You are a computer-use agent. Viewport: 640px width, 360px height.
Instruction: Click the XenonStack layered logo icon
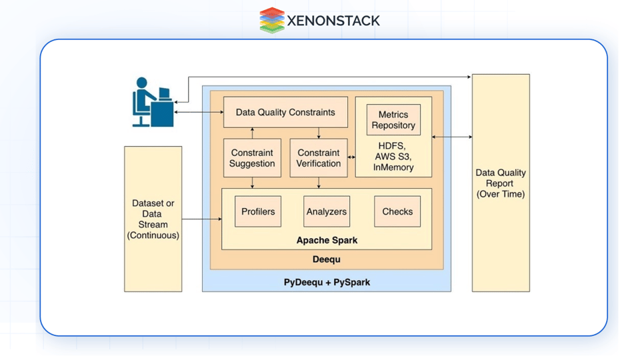(x=272, y=20)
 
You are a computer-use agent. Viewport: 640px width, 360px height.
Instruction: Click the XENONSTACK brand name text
(x=333, y=21)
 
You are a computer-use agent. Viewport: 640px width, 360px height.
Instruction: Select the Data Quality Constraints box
(x=285, y=112)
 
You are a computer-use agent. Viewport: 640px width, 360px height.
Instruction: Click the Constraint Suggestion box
(x=252, y=158)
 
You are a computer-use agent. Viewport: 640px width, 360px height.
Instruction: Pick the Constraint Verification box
(x=319, y=158)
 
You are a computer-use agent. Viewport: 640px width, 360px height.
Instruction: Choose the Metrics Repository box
(x=393, y=119)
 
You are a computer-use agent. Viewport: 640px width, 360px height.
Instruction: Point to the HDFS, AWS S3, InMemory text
(x=393, y=157)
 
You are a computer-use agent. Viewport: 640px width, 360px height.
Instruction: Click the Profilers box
(x=258, y=211)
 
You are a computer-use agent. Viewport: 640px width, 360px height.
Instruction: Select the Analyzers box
(x=327, y=211)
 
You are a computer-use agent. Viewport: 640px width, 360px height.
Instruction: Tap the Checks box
(x=397, y=211)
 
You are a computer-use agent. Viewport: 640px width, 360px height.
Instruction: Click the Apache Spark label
(x=327, y=239)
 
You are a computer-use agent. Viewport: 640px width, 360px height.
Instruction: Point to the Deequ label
(x=327, y=259)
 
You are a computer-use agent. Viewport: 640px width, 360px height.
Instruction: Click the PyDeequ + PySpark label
(x=327, y=282)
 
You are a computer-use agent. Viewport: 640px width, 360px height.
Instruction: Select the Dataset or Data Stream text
(x=153, y=219)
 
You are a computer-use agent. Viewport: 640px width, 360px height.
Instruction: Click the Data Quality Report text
(x=501, y=183)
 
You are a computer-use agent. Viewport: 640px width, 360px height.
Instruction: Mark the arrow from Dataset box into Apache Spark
(x=201, y=219)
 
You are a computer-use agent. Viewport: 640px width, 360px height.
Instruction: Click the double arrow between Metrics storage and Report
(x=452, y=137)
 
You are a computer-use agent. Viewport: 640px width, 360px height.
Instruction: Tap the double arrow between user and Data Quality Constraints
(x=199, y=112)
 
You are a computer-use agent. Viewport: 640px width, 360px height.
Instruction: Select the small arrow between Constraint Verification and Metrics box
(x=351, y=158)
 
